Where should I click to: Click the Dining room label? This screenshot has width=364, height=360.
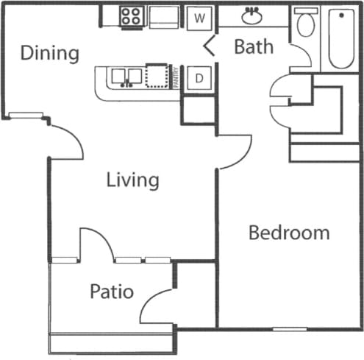(x=49, y=54)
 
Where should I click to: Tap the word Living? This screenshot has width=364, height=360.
(x=132, y=180)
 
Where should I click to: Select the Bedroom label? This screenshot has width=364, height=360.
(x=289, y=233)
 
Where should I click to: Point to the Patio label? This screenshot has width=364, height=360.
(x=112, y=292)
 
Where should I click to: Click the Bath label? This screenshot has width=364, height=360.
(x=254, y=47)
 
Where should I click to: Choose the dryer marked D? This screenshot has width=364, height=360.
(x=199, y=77)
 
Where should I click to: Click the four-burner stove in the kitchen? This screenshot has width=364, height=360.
(x=132, y=16)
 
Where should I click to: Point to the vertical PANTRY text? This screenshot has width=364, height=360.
(x=176, y=77)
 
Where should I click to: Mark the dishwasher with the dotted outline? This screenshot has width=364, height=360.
(x=157, y=77)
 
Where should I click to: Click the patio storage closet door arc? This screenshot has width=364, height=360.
(x=157, y=306)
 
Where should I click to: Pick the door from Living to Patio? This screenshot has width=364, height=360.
(x=96, y=244)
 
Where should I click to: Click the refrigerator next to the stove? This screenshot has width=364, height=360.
(x=163, y=16)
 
